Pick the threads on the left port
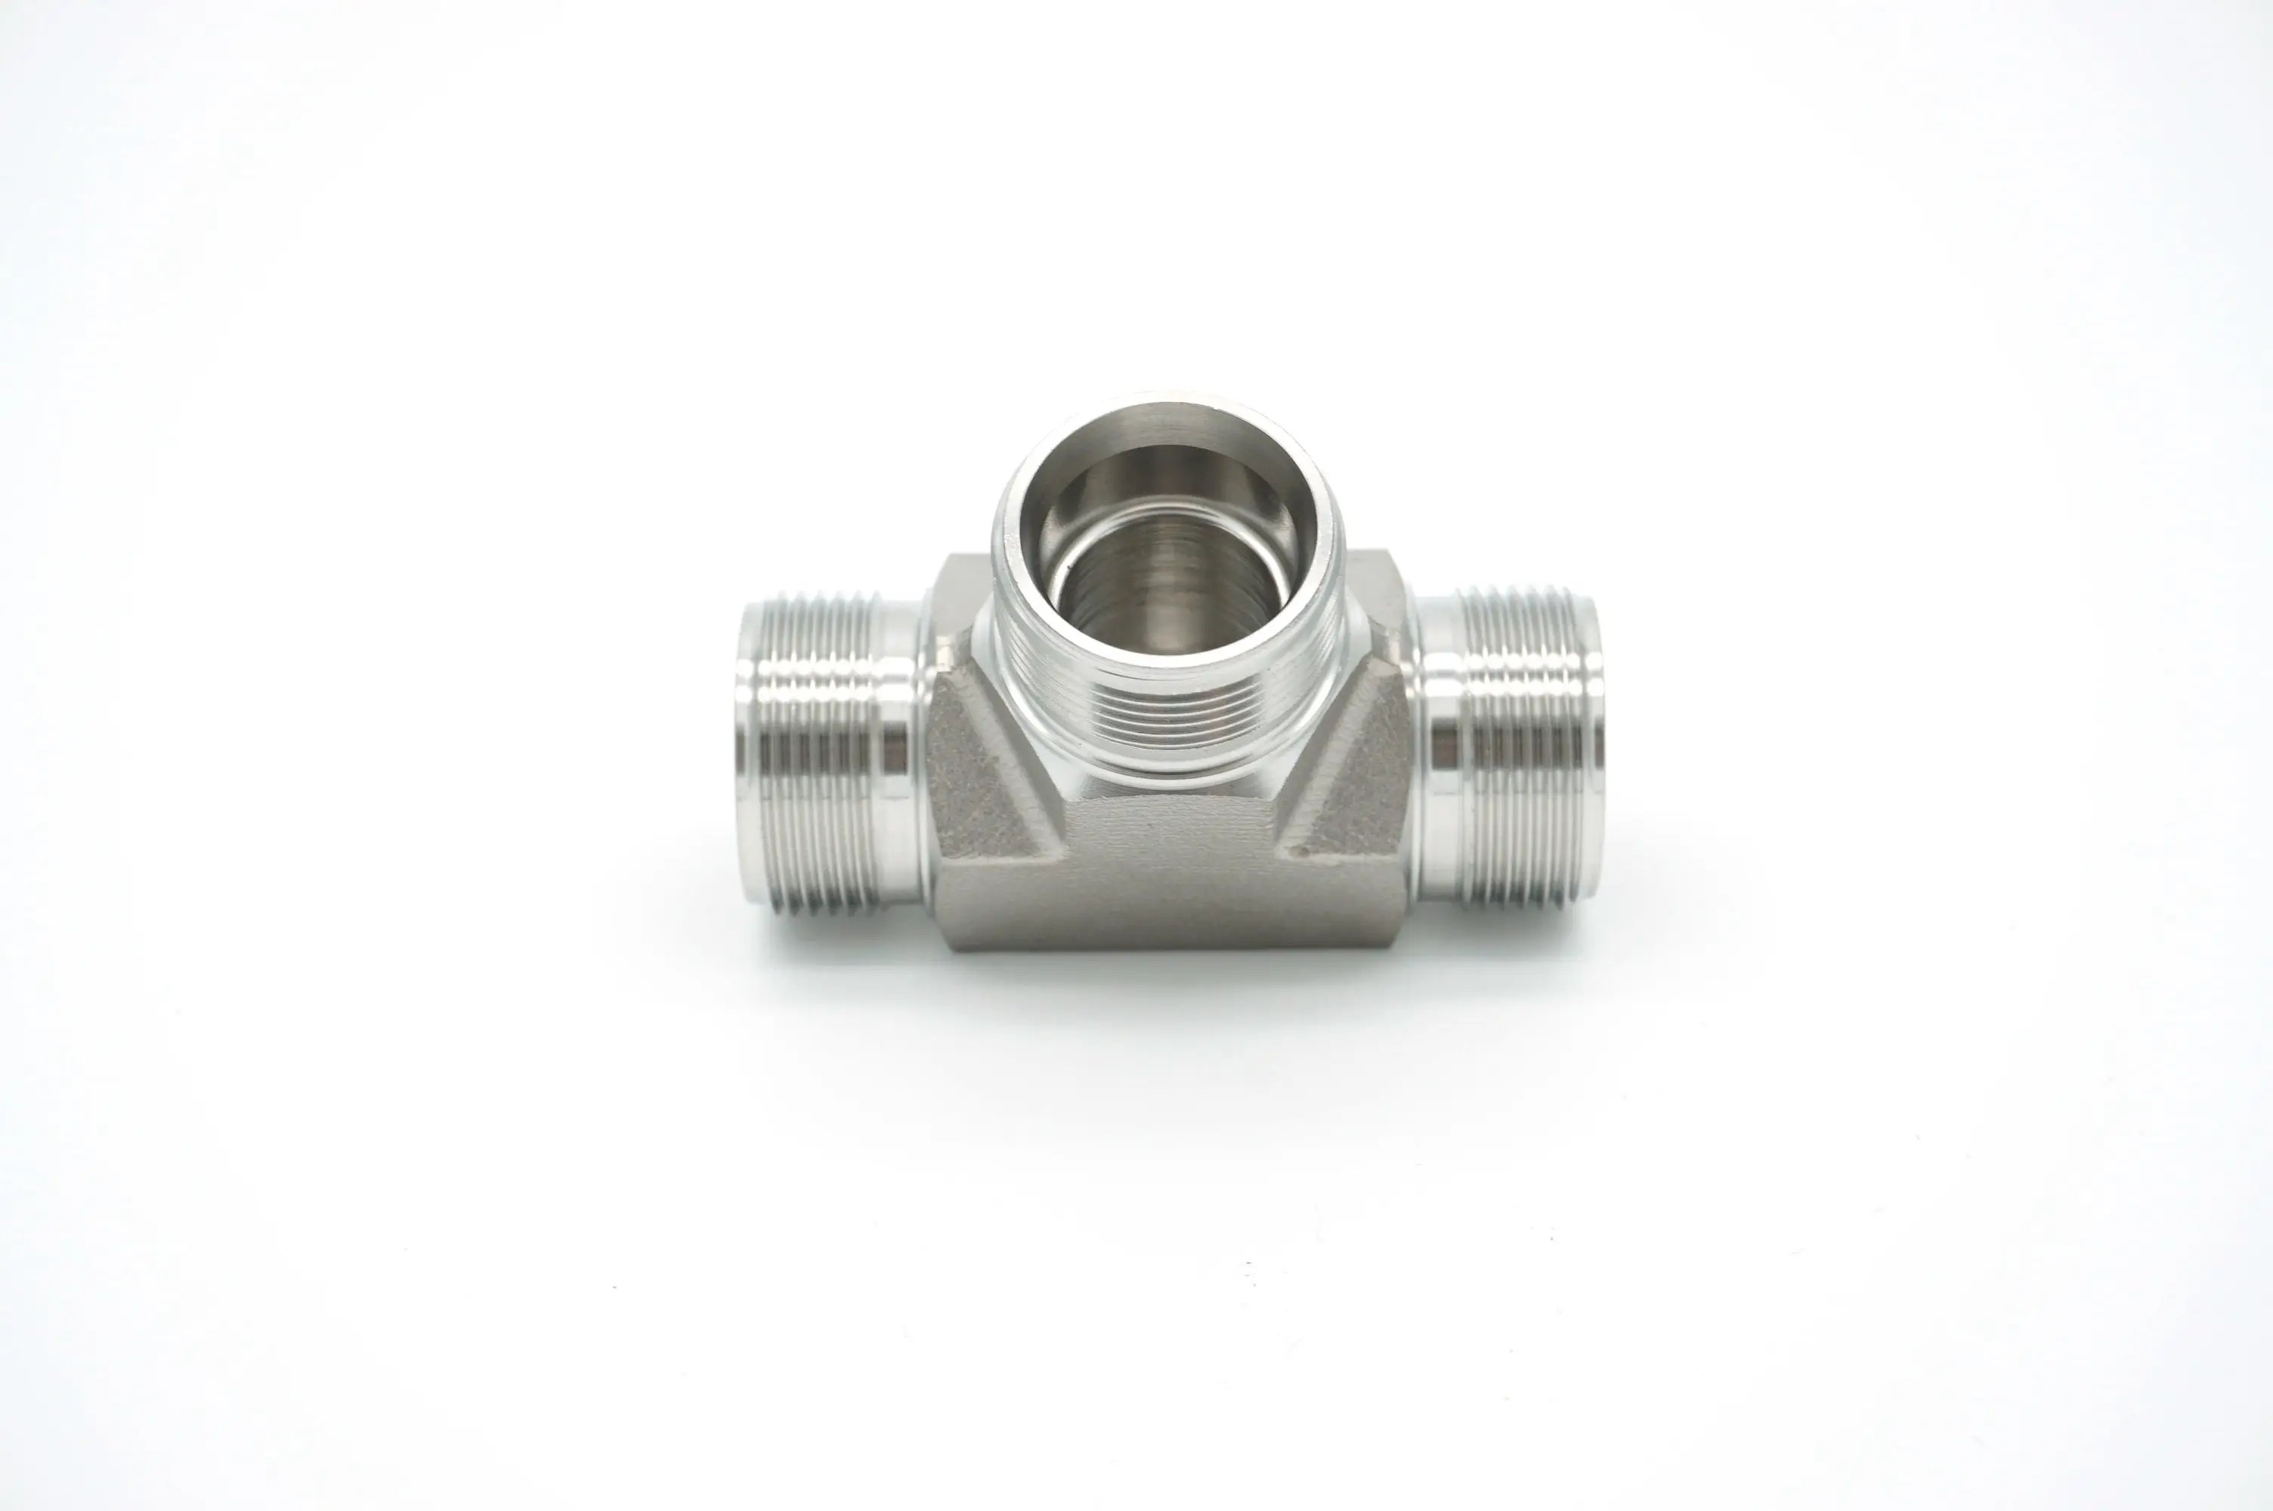pos(819,752)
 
